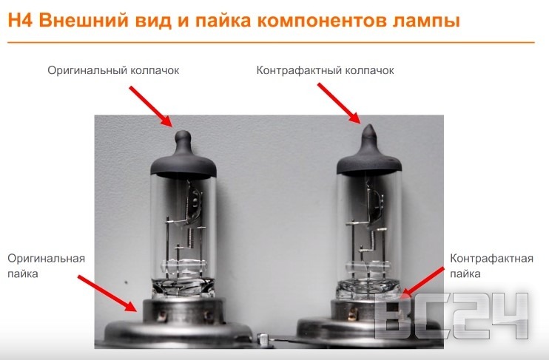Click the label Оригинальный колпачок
click(x=113, y=70)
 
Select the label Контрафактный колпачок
click(x=325, y=70)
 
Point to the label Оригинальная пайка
click(x=47, y=266)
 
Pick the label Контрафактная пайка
click(x=492, y=266)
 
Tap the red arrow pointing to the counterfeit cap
click(x=338, y=102)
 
